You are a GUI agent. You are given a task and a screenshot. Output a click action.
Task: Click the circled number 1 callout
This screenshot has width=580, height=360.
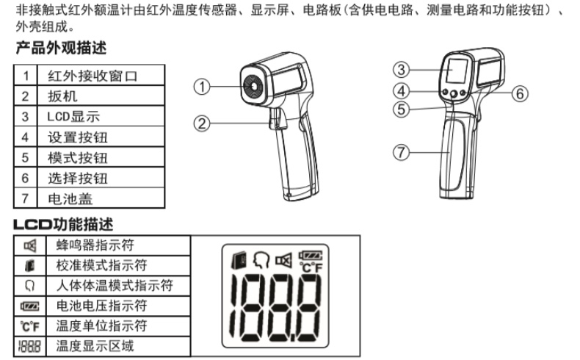click(x=202, y=87)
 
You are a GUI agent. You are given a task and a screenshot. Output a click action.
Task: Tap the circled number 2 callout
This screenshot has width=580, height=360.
click(x=202, y=123)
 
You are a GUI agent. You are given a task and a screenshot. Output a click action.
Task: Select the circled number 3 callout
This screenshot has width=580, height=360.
click(x=402, y=70)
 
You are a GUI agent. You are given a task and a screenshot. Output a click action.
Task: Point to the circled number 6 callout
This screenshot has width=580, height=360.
click(x=520, y=93)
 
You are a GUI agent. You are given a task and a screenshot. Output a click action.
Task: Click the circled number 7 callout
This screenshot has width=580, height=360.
click(x=402, y=152)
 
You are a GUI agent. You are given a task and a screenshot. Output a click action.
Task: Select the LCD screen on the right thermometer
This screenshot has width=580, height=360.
click(x=457, y=71)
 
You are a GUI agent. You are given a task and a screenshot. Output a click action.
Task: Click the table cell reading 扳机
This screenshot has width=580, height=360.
click(x=101, y=96)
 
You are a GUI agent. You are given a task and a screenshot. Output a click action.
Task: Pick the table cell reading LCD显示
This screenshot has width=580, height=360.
click(x=101, y=116)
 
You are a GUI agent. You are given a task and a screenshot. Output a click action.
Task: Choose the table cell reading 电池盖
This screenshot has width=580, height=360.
click(x=101, y=198)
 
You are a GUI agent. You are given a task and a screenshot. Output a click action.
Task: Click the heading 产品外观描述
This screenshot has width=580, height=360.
click(x=61, y=48)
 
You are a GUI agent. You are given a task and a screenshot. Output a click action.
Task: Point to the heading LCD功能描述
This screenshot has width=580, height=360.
click(x=63, y=224)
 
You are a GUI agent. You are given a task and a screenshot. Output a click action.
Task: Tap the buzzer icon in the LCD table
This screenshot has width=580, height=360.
click(x=30, y=245)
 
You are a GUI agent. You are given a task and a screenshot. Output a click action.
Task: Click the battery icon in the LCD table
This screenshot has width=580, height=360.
click(x=29, y=306)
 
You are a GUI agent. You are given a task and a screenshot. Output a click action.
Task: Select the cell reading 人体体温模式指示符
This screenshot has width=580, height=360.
click(x=118, y=286)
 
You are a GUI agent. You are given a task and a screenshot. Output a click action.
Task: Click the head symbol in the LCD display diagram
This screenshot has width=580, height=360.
click(x=261, y=259)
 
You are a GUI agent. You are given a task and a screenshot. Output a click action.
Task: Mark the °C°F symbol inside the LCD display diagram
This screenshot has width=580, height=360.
click(x=311, y=267)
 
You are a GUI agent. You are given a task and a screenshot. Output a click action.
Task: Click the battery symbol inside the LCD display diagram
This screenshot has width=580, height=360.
click(x=311, y=255)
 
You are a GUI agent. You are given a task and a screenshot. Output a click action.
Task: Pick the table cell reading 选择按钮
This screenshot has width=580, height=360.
click(x=101, y=178)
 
